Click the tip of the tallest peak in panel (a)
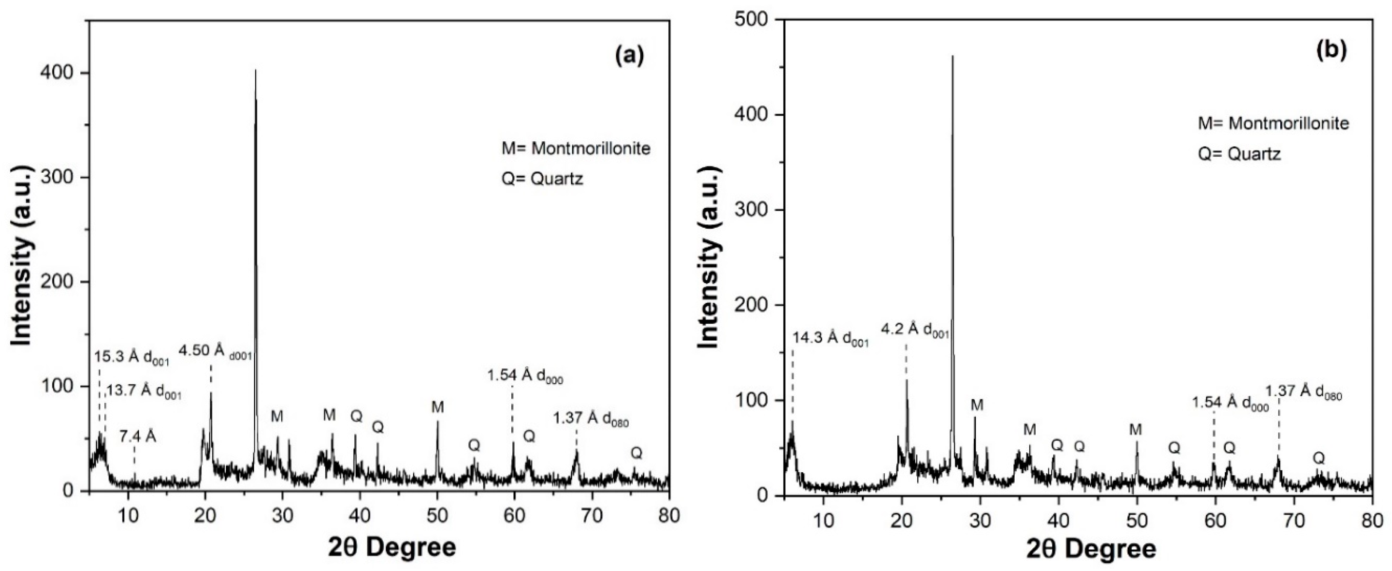coord(256,71)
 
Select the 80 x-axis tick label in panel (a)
coord(668,516)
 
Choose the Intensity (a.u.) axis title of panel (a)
coord(22,255)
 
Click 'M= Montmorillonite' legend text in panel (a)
coord(576,148)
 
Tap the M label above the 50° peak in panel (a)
coord(437,408)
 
